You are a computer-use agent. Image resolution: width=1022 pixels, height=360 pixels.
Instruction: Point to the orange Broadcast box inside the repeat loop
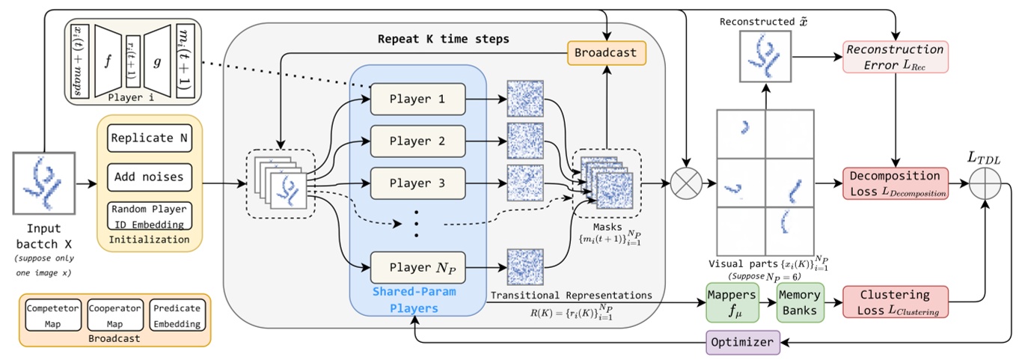coord(606,53)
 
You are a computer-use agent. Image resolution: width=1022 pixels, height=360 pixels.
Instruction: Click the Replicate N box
coord(150,138)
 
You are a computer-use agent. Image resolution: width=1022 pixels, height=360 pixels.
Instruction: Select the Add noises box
coord(150,177)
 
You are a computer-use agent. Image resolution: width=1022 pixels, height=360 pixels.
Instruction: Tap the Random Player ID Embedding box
coord(150,216)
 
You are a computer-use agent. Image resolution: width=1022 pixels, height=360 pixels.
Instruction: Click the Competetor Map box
coord(54,317)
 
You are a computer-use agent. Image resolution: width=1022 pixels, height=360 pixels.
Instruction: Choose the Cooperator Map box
coord(114,317)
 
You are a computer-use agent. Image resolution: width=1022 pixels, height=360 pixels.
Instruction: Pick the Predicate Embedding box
coord(176,317)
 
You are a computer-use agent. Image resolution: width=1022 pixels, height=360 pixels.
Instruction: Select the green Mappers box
coord(732,302)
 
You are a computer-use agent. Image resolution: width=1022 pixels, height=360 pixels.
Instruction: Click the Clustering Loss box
coord(895,302)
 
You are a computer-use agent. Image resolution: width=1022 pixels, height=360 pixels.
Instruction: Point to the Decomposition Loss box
coord(895,184)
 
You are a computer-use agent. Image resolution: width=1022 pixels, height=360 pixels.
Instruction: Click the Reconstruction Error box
coord(894,57)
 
